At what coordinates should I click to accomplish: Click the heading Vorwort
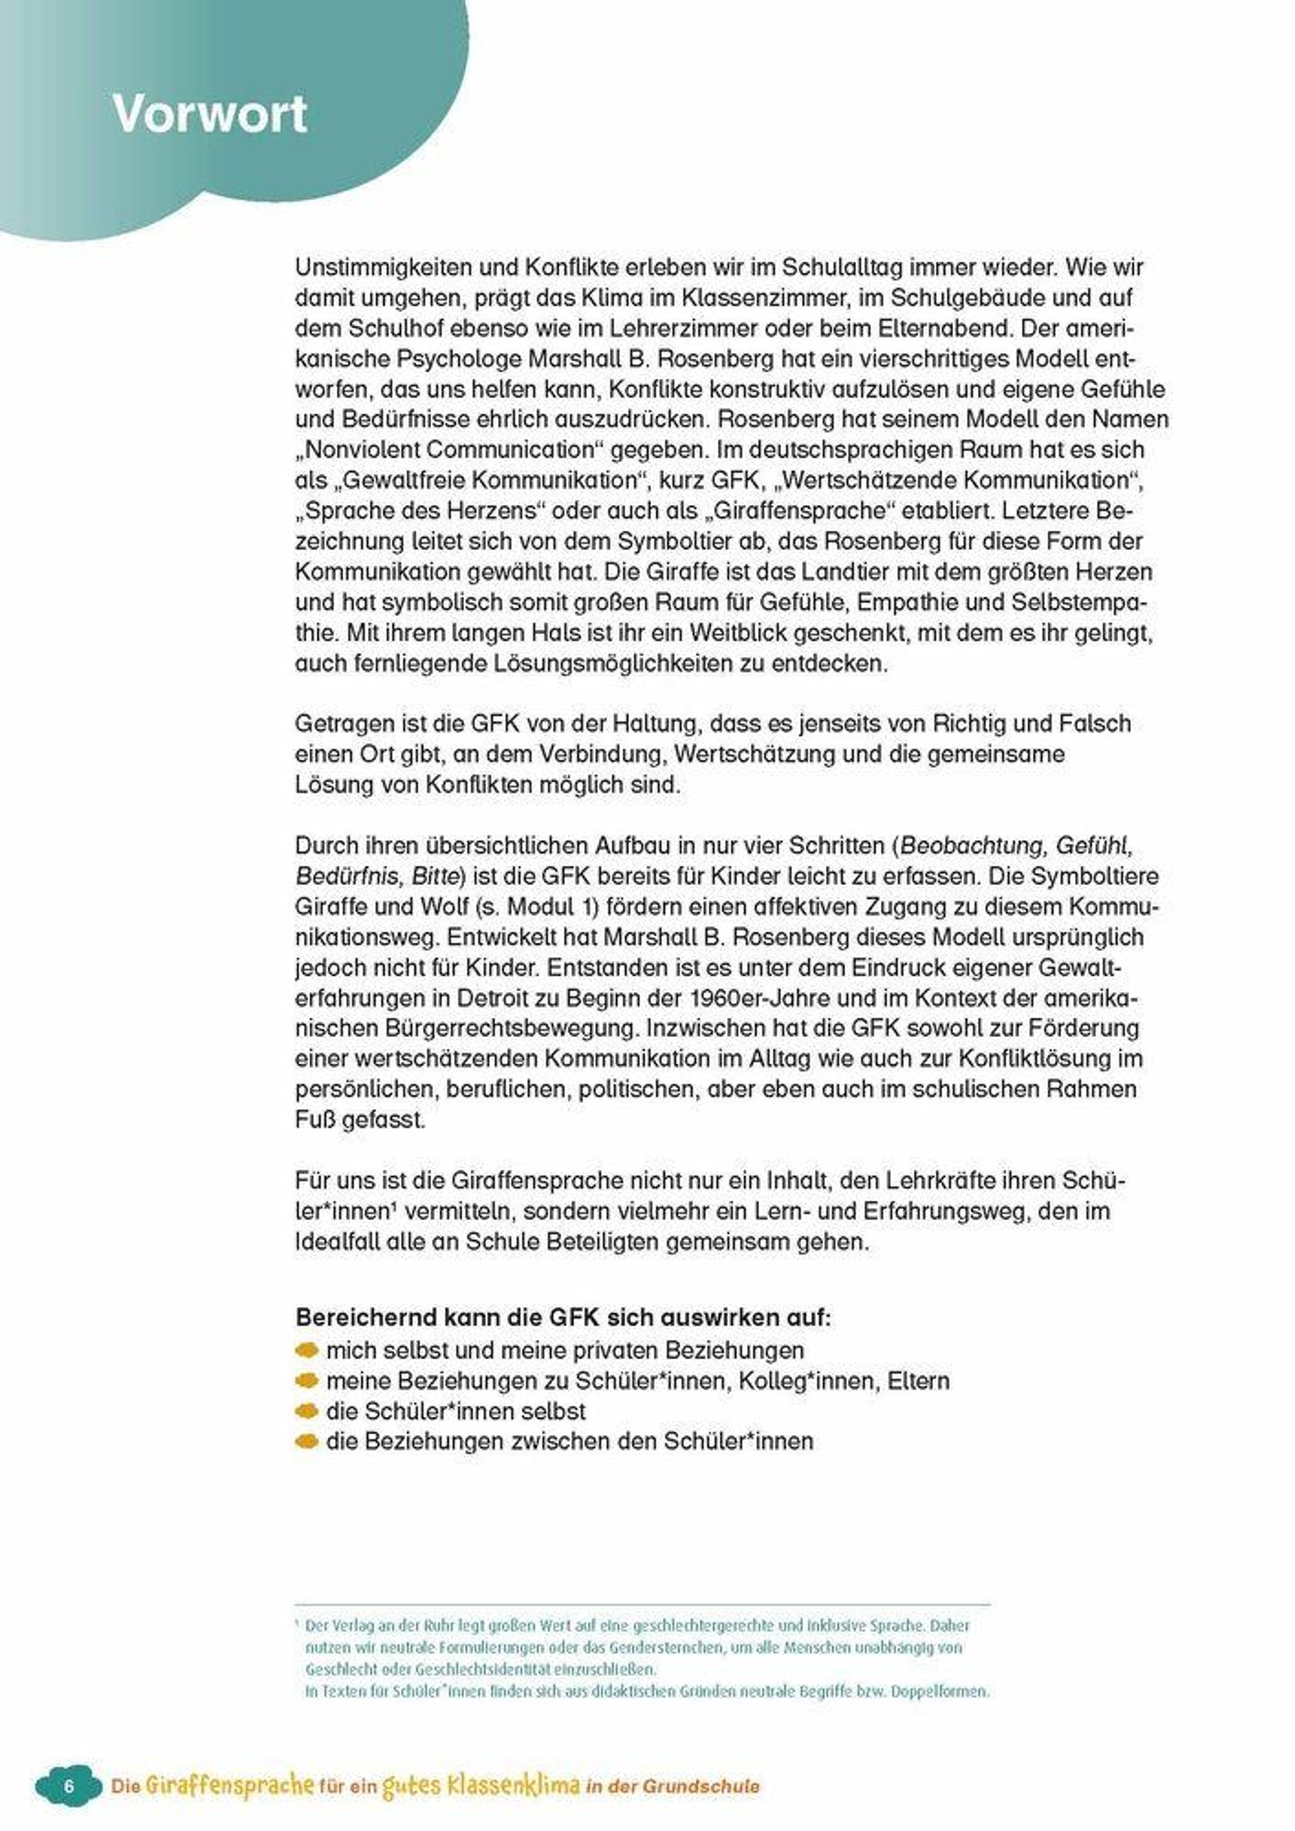tap(209, 114)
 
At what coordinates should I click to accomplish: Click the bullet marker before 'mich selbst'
tap(306, 1350)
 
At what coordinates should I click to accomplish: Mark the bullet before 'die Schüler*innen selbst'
tap(306, 1411)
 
